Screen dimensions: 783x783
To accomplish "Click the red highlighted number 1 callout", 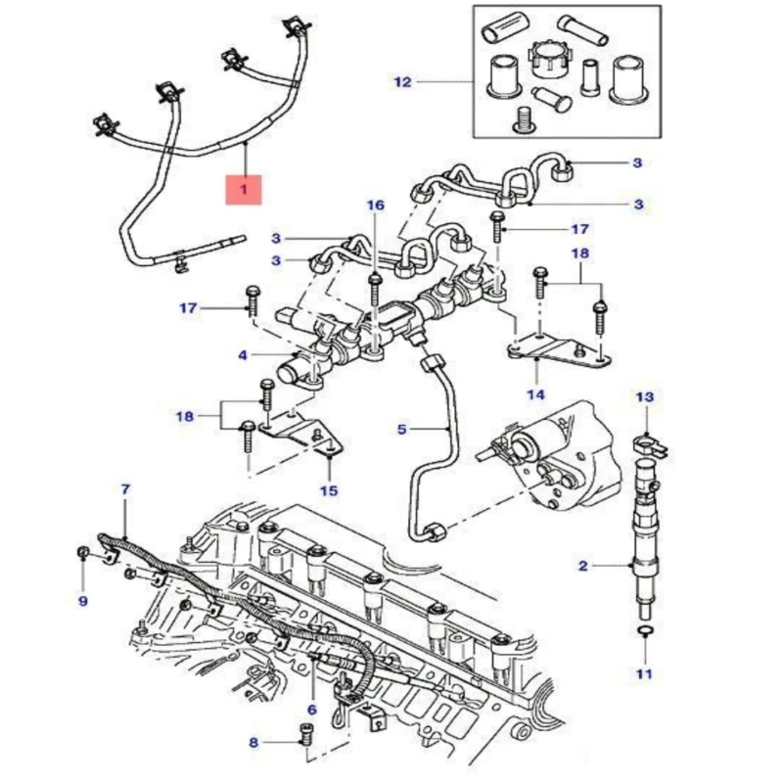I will pos(244,188).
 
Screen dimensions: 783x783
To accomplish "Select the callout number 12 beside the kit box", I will pos(403,82).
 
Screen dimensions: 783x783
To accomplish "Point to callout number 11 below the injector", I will pos(643,673).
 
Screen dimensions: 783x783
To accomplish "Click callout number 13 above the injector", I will pos(643,397).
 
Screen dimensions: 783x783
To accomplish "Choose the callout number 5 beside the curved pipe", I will pos(402,429).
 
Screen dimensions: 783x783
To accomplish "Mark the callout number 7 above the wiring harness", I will pos(124,488).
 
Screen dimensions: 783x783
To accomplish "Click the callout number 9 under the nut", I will pos(82,600).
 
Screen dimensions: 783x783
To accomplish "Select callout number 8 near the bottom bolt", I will pos(253,743).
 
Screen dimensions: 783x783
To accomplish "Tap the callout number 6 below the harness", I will pos(312,710).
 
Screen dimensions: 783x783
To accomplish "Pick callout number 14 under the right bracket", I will pos(535,395).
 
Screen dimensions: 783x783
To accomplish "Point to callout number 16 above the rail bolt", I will pos(376,206).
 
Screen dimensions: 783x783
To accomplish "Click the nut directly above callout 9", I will pos(82,558).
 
